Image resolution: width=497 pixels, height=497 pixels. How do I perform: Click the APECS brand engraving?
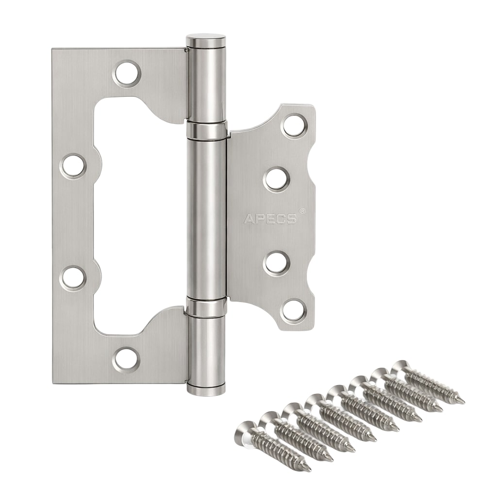(270, 219)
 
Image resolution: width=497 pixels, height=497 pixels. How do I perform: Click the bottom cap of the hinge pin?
(207, 389)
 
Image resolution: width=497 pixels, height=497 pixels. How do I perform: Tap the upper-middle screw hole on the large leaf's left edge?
(73, 166)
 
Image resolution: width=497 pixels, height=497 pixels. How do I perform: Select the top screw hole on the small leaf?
(295, 126)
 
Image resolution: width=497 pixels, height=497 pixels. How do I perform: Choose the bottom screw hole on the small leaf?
(295, 310)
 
